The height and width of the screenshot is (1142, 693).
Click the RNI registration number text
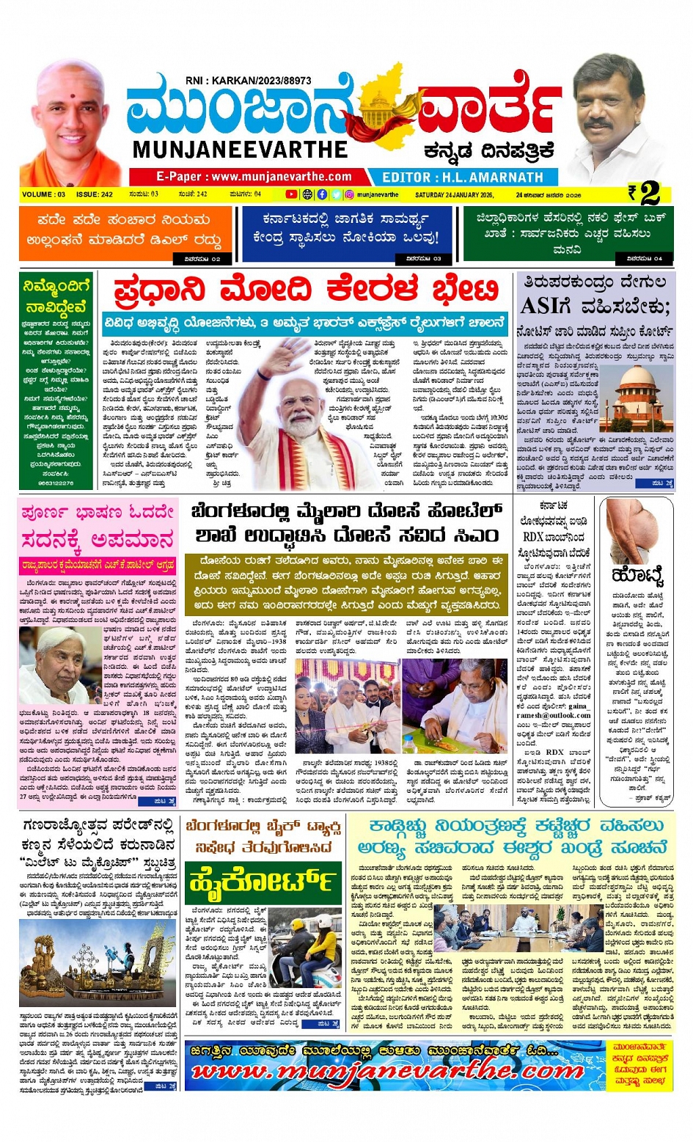click(x=249, y=81)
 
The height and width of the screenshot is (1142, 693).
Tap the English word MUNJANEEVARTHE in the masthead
click(x=240, y=150)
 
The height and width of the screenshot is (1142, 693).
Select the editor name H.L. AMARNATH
click(x=463, y=177)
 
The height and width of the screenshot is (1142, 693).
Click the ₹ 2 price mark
click(x=645, y=193)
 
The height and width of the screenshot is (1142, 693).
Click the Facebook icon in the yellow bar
click(x=322, y=194)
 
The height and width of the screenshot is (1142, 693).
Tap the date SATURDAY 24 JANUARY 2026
click(x=454, y=195)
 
